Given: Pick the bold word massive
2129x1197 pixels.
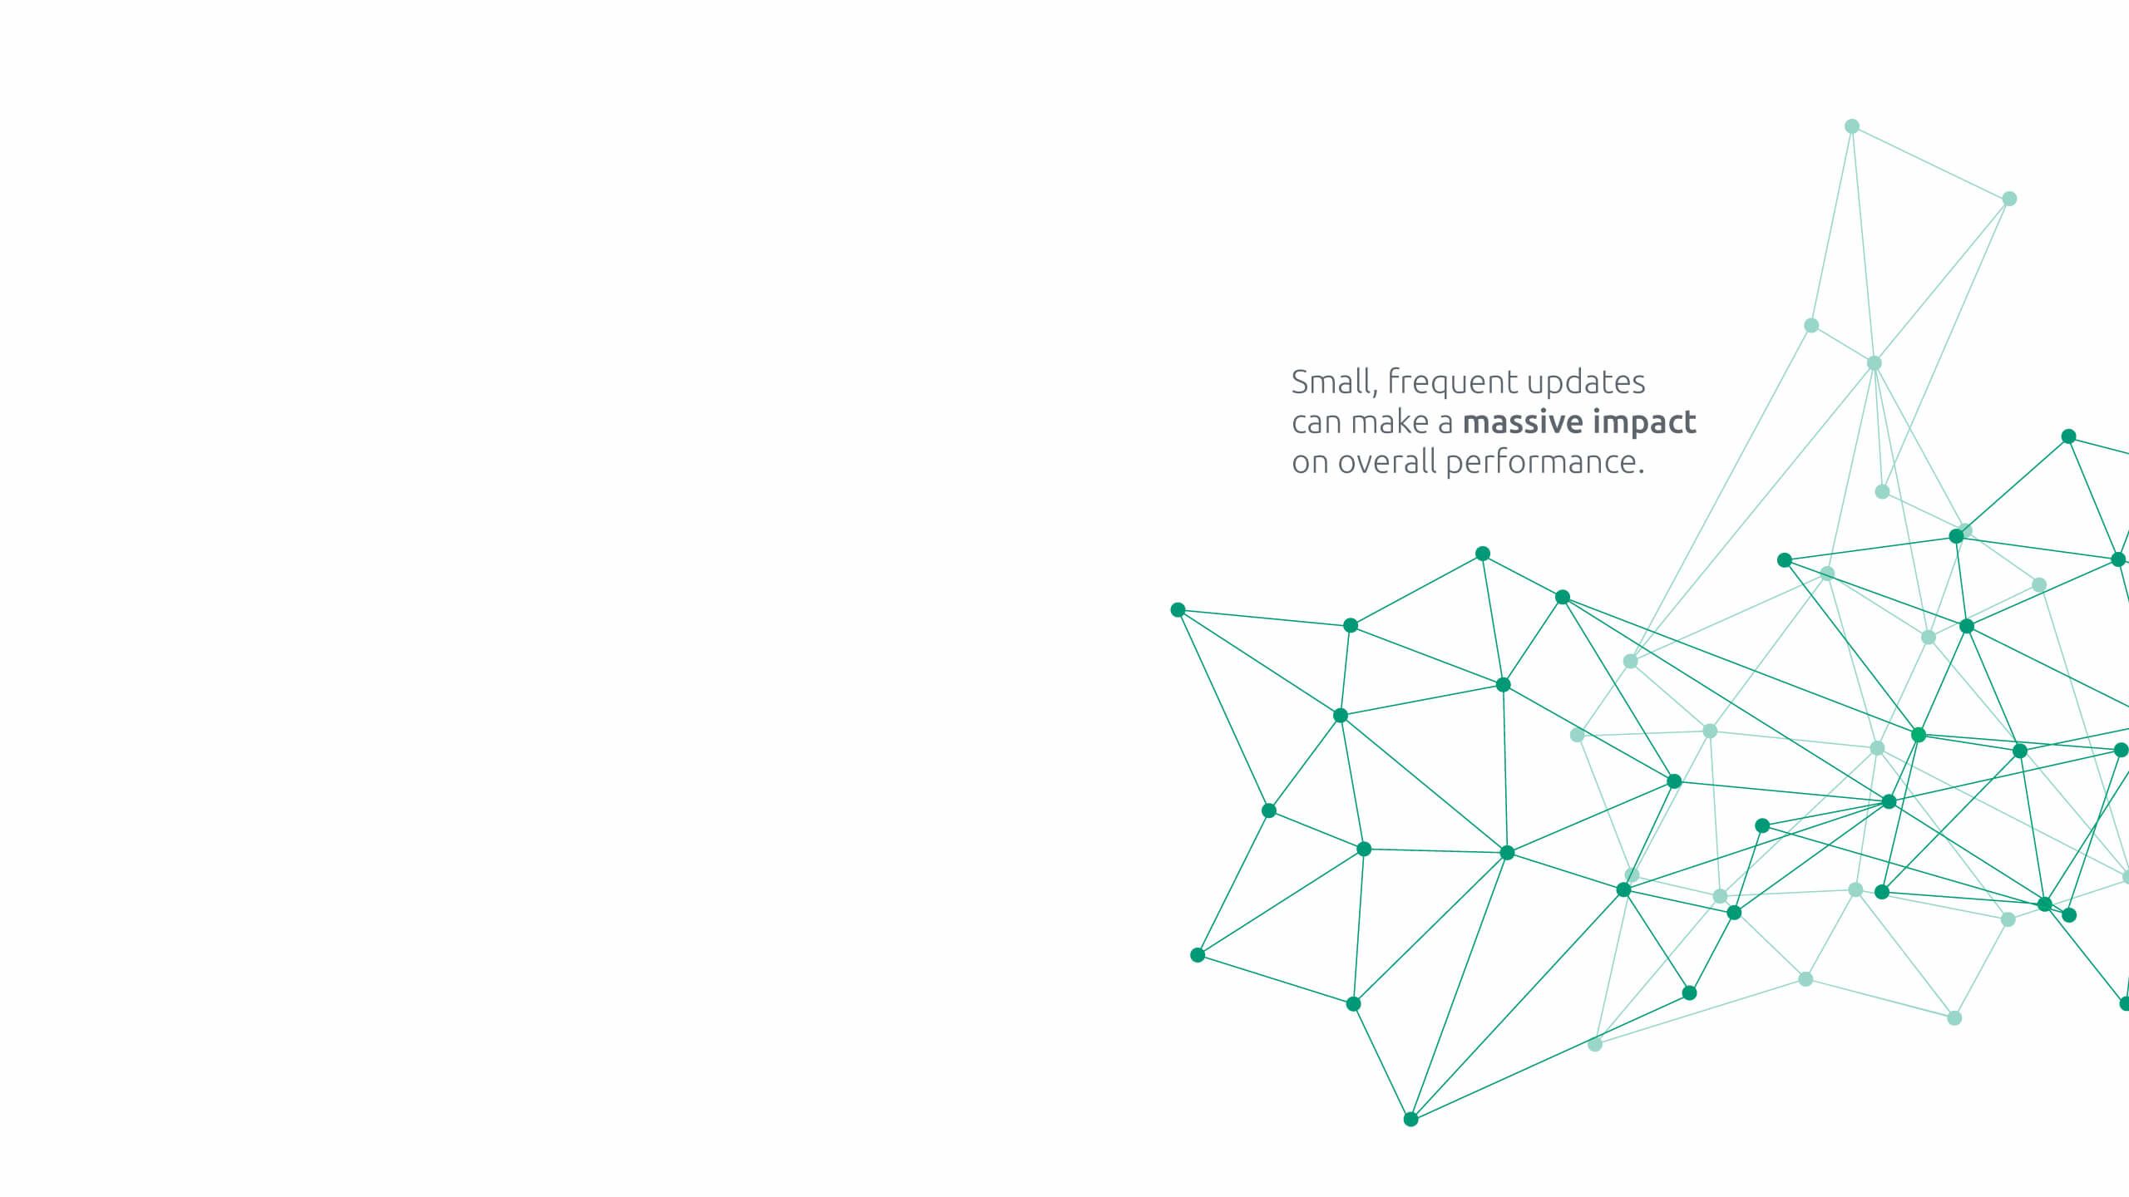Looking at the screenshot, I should pos(1522,422).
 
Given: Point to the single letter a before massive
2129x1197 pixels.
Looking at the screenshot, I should pos(1446,424).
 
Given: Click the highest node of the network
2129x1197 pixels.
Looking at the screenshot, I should pos(1852,126).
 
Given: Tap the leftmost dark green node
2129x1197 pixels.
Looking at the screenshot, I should pos(1178,610).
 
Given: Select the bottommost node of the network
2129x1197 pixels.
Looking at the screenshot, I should pos(1410,1120).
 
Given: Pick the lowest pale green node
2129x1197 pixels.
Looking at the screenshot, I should pos(1595,1045).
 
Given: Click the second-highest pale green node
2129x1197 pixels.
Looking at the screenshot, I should pos(2009,199).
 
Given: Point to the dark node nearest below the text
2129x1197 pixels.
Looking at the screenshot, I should pos(1482,554).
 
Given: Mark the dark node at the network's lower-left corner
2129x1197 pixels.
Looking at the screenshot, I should pos(1198,955).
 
